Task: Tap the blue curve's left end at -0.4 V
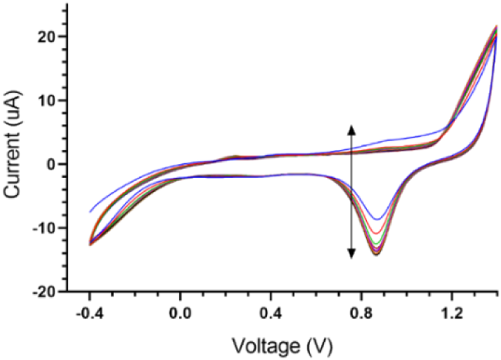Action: coord(90,211)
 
